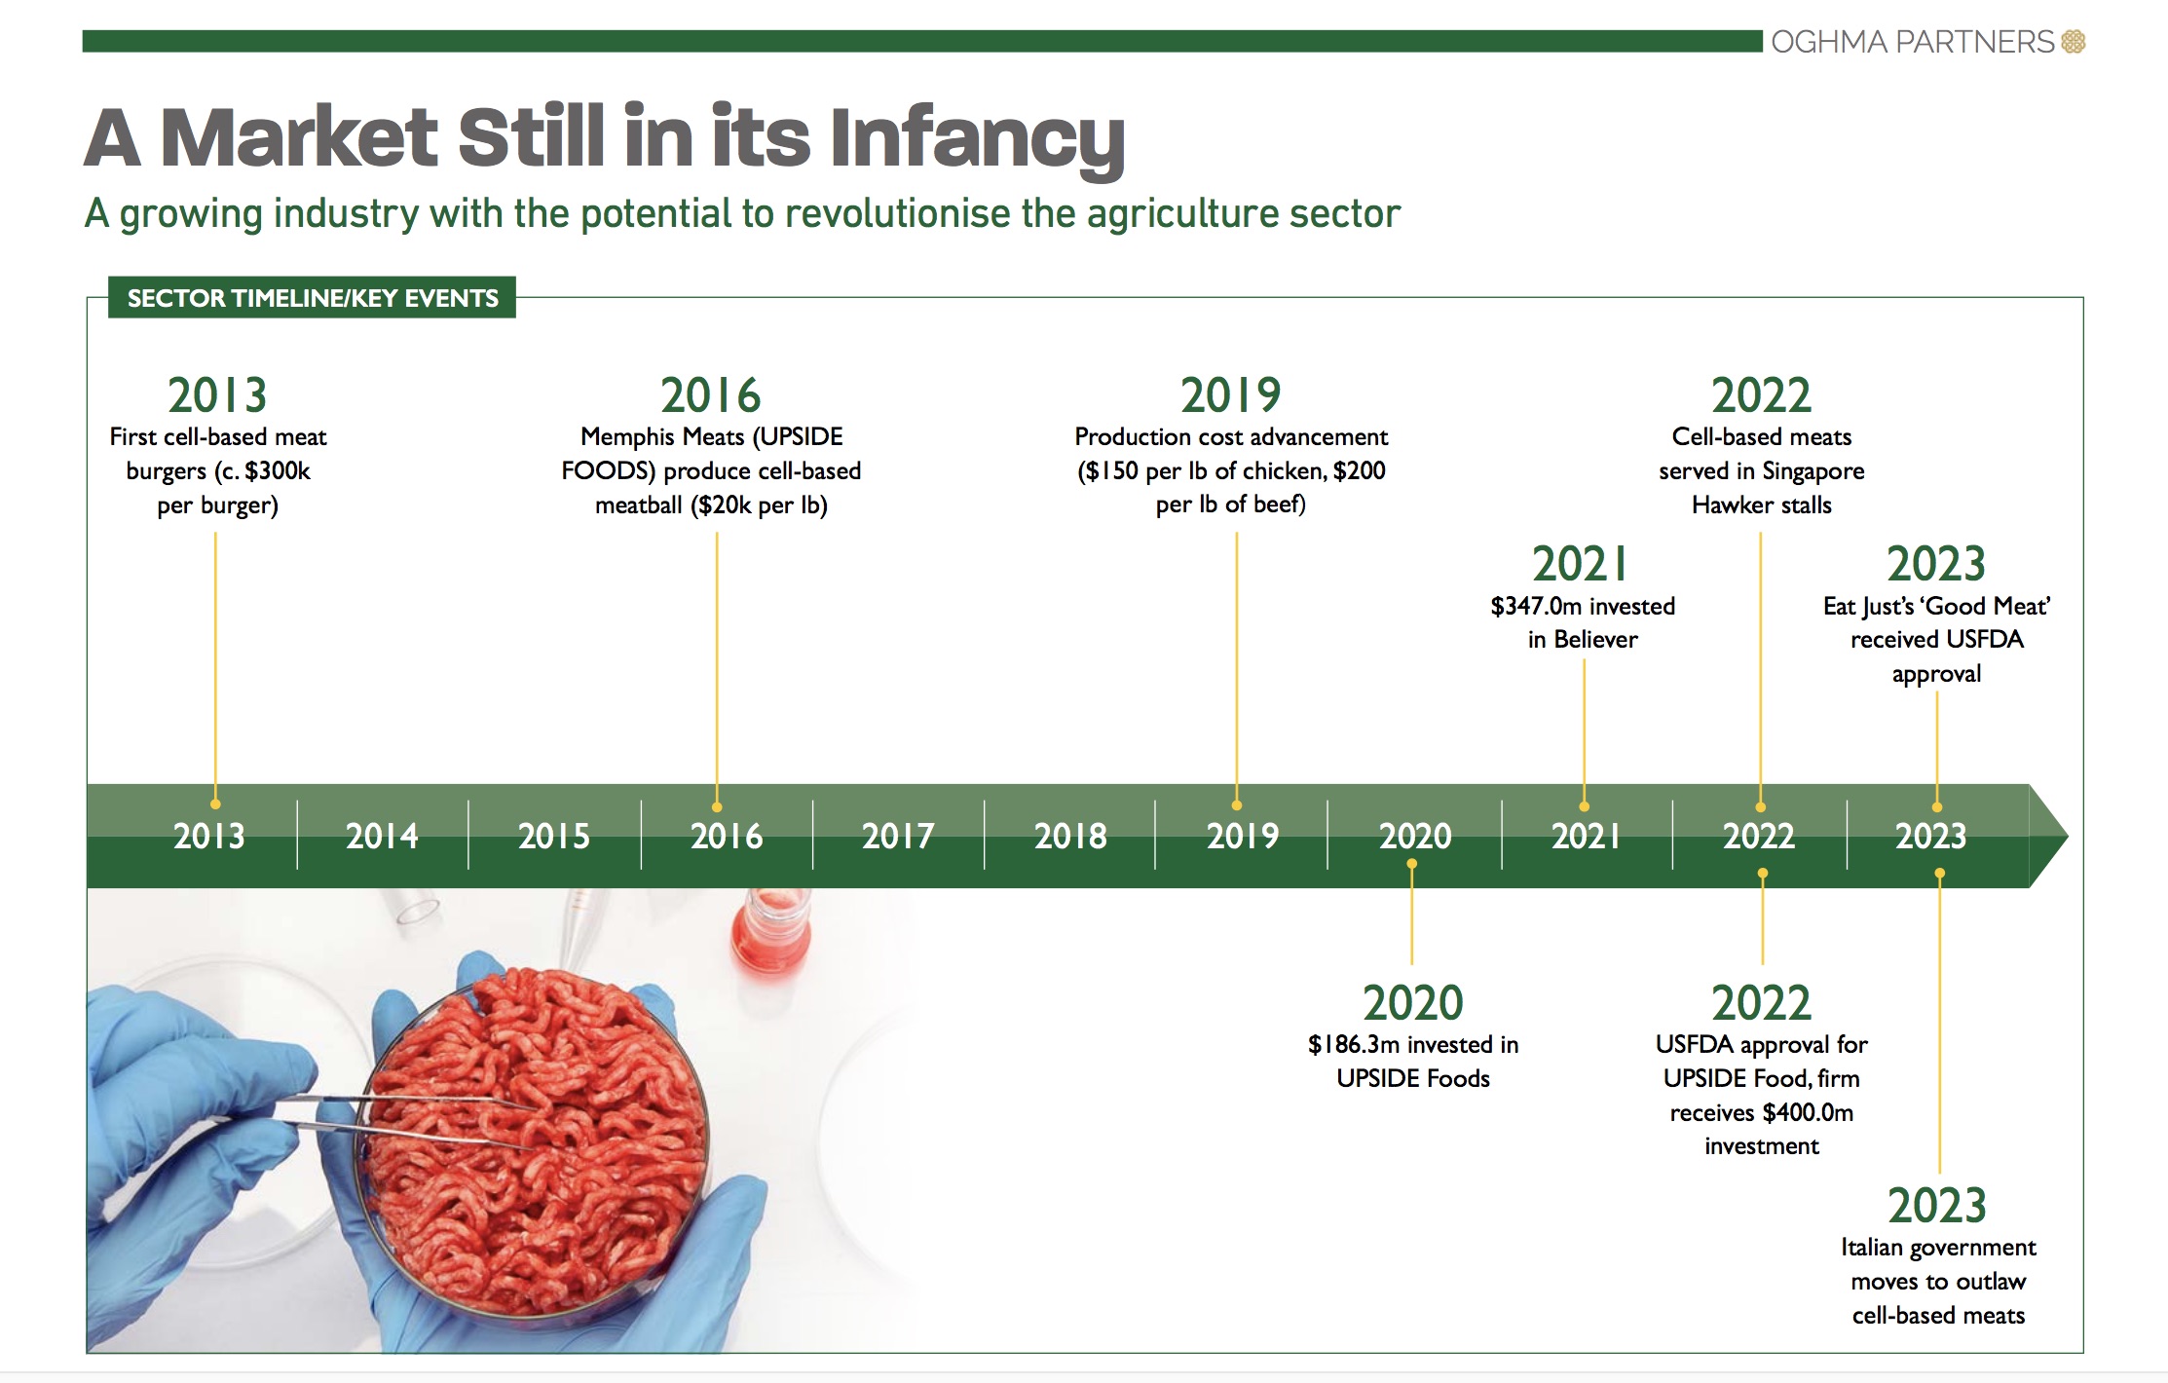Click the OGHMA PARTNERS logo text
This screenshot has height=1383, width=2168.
pos(1912,42)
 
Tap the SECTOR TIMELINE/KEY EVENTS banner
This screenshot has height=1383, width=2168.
pos(312,298)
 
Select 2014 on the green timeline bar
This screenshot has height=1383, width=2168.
pos(382,836)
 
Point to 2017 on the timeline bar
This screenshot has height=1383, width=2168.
pos(898,836)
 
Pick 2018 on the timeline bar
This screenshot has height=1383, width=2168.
pos(1070,836)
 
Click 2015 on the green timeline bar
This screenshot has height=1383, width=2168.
pos(554,836)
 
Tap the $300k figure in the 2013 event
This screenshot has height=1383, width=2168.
pos(277,471)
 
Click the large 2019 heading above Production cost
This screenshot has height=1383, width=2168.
pos(1230,395)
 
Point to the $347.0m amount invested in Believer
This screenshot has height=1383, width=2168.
pos(1536,607)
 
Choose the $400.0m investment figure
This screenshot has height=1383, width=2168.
pos(1808,1112)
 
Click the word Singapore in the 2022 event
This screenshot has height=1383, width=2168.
pos(1813,471)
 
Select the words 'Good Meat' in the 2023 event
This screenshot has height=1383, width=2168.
pos(1987,607)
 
